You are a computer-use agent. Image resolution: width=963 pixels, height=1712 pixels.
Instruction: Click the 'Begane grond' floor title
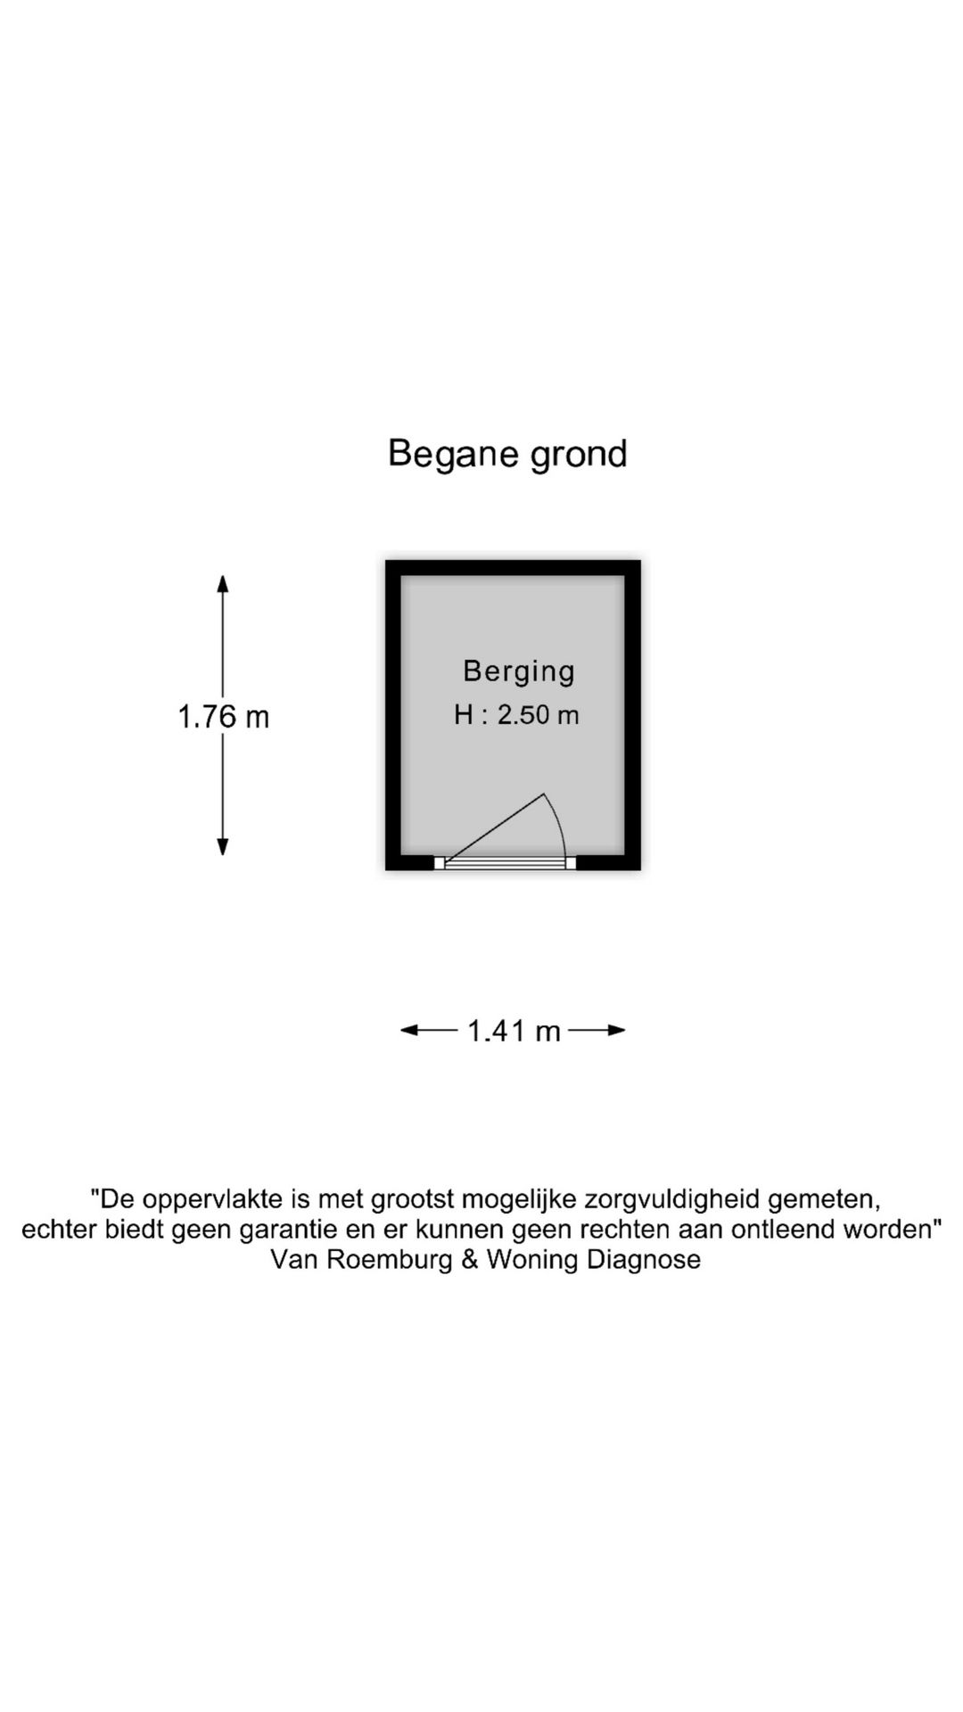tap(507, 454)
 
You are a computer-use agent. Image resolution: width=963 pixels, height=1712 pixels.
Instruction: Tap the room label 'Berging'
tap(519, 671)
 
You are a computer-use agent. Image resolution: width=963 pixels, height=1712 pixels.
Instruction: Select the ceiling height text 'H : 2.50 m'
tap(516, 715)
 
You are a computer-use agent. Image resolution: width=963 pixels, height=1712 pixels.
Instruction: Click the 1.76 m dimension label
tap(223, 717)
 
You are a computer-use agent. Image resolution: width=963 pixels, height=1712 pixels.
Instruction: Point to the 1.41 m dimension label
tap(514, 1031)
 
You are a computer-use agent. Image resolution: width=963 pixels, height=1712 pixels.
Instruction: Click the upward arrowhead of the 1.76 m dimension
tap(223, 583)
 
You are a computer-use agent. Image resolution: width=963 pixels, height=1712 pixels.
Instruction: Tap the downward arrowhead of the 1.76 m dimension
tap(223, 847)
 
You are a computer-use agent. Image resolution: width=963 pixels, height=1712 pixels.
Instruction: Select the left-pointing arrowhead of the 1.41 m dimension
tap(409, 1031)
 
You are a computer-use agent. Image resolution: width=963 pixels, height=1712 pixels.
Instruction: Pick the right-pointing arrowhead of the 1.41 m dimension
tap(616, 1031)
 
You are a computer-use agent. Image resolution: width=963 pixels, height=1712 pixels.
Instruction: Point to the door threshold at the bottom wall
tap(506, 862)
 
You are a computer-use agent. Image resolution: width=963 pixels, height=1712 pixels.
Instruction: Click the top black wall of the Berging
tap(513, 567)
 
